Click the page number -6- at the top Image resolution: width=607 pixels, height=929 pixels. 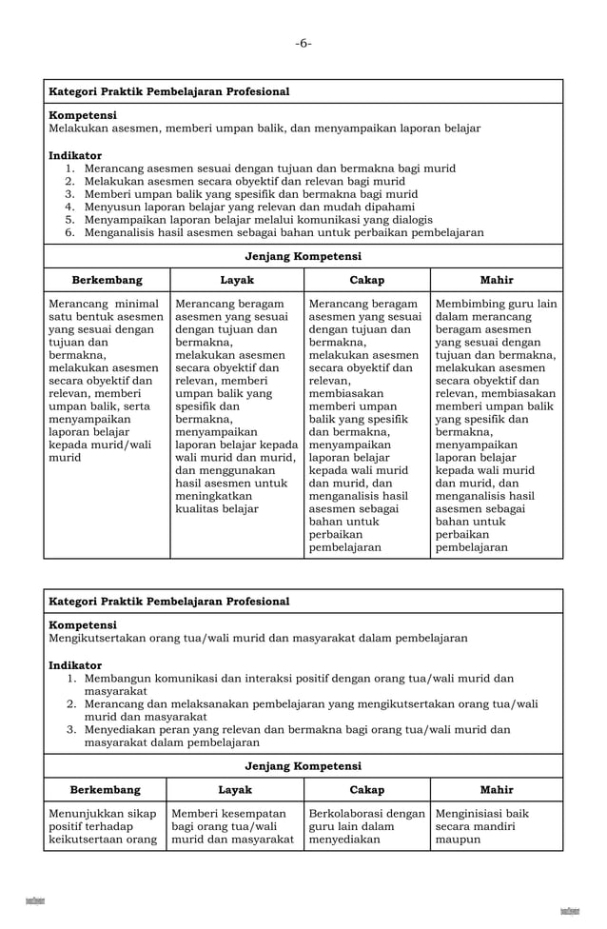coord(303,43)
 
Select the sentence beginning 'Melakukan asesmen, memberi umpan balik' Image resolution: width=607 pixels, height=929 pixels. coord(264,128)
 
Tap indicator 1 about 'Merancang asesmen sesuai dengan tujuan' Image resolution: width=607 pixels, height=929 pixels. coord(269,168)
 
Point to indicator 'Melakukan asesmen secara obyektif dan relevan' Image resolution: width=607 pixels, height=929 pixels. coord(244,181)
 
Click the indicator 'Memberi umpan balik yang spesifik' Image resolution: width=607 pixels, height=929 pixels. coord(250,194)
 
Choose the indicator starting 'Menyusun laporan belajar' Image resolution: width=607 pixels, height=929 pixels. coord(249,207)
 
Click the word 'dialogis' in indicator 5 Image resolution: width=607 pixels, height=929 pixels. coord(409,220)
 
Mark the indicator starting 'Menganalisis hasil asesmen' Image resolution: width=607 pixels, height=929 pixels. coord(284,232)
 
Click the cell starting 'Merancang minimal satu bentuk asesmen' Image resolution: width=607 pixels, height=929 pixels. coord(106,381)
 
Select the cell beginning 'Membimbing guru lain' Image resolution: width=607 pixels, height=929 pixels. coord(496,425)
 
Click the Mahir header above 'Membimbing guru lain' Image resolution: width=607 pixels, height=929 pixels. coord(496,280)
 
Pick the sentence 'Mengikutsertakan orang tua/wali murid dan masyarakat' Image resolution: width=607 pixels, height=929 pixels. coord(258,639)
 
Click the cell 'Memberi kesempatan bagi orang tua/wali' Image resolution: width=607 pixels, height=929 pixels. coord(234,826)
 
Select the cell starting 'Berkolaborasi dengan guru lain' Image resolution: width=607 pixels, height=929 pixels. coord(366,826)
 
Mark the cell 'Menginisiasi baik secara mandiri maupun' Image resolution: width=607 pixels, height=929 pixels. coord(482,826)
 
